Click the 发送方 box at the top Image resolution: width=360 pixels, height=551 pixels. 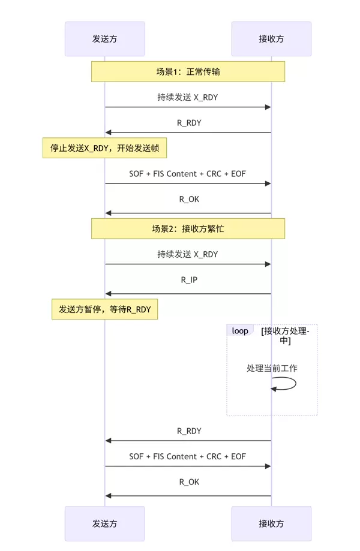[x=104, y=39]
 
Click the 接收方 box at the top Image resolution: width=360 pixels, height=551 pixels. [x=271, y=39]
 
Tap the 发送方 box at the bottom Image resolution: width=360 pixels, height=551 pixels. [x=104, y=523]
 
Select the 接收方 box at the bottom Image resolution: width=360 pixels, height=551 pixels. [x=271, y=523]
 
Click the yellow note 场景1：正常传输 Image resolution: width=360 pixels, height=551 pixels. [x=188, y=72]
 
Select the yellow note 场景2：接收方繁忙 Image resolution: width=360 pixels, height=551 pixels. [x=188, y=229]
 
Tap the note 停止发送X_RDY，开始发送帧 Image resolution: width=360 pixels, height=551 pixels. [x=104, y=147]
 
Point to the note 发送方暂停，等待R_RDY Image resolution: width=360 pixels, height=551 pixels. [x=104, y=309]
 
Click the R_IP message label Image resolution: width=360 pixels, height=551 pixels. [x=189, y=279]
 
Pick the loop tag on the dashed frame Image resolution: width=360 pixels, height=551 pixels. [x=240, y=331]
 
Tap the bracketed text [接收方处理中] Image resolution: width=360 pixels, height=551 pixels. [x=286, y=336]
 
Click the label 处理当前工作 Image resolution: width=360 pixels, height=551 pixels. [x=272, y=368]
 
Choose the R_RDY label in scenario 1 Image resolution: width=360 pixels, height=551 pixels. [x=189, y=123]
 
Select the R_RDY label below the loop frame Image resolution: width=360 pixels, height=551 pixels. [x=189, y=430]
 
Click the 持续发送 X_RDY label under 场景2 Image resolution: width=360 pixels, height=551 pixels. [x=188, y=254]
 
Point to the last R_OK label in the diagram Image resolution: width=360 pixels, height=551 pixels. [x=189, y=481]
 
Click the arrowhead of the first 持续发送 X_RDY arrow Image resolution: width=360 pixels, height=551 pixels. [x=268, y=107]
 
